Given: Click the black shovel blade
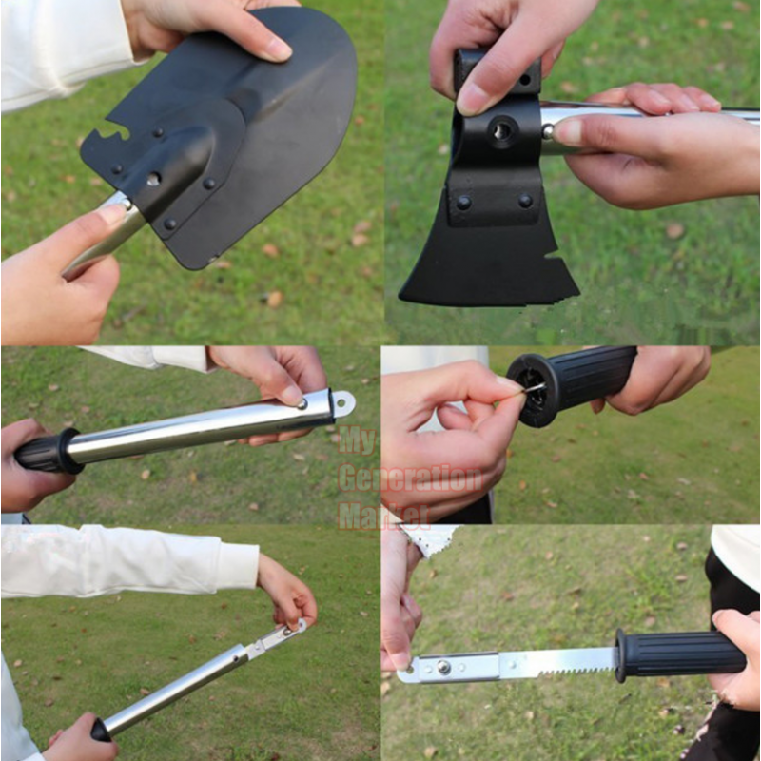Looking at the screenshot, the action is click(x=228, y=131).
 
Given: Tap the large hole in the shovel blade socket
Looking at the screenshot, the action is click(x=154, y=179).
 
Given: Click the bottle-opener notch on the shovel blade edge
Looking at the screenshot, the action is click(x=116, y=134).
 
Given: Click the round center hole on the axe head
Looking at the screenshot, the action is click(x=501, y=130).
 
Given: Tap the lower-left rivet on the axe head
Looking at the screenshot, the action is click(x=463, y=202).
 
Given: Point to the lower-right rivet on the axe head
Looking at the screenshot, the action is click(x=525, y=201).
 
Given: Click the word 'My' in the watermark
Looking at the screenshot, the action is click(x=358, y=440).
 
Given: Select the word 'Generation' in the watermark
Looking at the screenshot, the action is click(x=411, y=478).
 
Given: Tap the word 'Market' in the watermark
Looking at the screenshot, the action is click(x=384, y=516).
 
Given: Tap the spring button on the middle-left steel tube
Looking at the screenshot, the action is click(x=302, y=403).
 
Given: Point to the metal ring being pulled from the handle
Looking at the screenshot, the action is click(x=534, y=387).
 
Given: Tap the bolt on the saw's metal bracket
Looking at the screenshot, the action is click(x=442, y=667).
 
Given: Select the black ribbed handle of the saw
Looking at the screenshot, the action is click(x=680, y=656).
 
